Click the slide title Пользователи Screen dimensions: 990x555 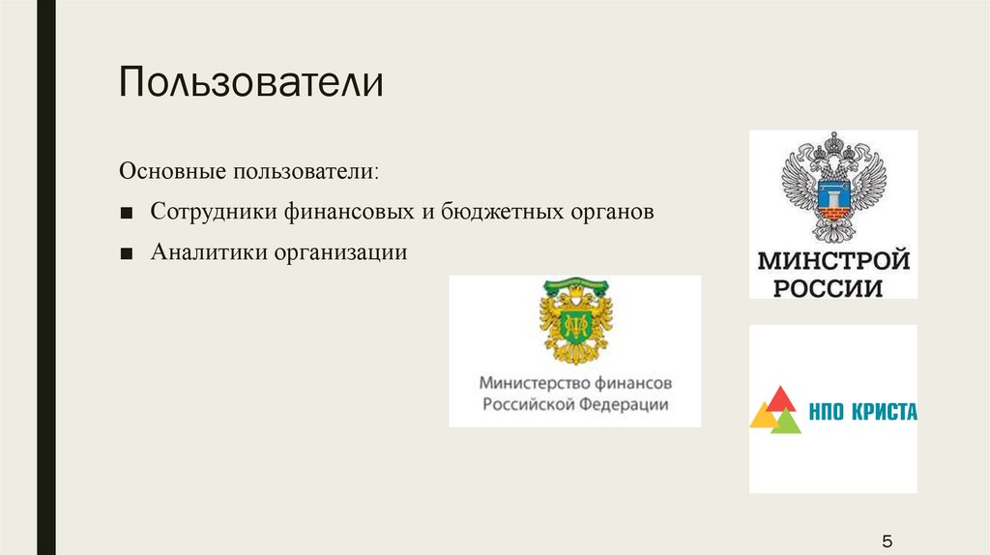tap(251, 82)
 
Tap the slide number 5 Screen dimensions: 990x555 tap(888, 541)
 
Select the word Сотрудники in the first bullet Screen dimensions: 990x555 tap(214, 211)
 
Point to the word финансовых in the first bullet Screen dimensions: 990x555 tap(349, 212)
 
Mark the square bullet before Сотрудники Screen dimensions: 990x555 tap(127, 214)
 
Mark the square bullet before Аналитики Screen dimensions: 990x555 tap(127, 254)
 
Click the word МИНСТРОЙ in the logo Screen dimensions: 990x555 tap(833, 260)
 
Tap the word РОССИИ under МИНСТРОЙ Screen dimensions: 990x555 tap(828, 288)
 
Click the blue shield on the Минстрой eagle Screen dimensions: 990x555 tap(833, 194)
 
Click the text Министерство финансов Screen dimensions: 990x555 tap(575, 383)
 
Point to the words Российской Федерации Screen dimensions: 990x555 tap(575, 404)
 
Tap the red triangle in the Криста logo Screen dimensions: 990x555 tap(780, 400)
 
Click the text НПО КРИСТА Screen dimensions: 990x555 tap(862, 412)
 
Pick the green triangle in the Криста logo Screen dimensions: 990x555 tap(787, 423)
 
